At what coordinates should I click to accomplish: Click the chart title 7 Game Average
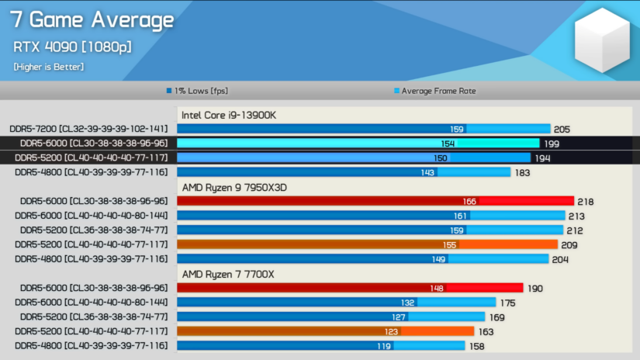point(92,20)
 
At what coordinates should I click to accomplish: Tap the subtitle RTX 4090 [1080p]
point(71,47)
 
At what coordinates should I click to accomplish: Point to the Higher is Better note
point(48,67)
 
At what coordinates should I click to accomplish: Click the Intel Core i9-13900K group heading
point(229,115)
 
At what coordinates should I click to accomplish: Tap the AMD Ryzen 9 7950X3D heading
point(237,187)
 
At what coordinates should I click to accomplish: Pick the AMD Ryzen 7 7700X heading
point(228,273)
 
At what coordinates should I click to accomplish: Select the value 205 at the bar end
point(562,129)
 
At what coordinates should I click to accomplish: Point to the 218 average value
point(586,201)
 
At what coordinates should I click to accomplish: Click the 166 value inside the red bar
point(469,201)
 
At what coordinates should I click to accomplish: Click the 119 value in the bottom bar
point(384,345)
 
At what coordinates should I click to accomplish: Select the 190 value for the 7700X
point(535,288)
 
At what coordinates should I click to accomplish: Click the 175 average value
point(508,302)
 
